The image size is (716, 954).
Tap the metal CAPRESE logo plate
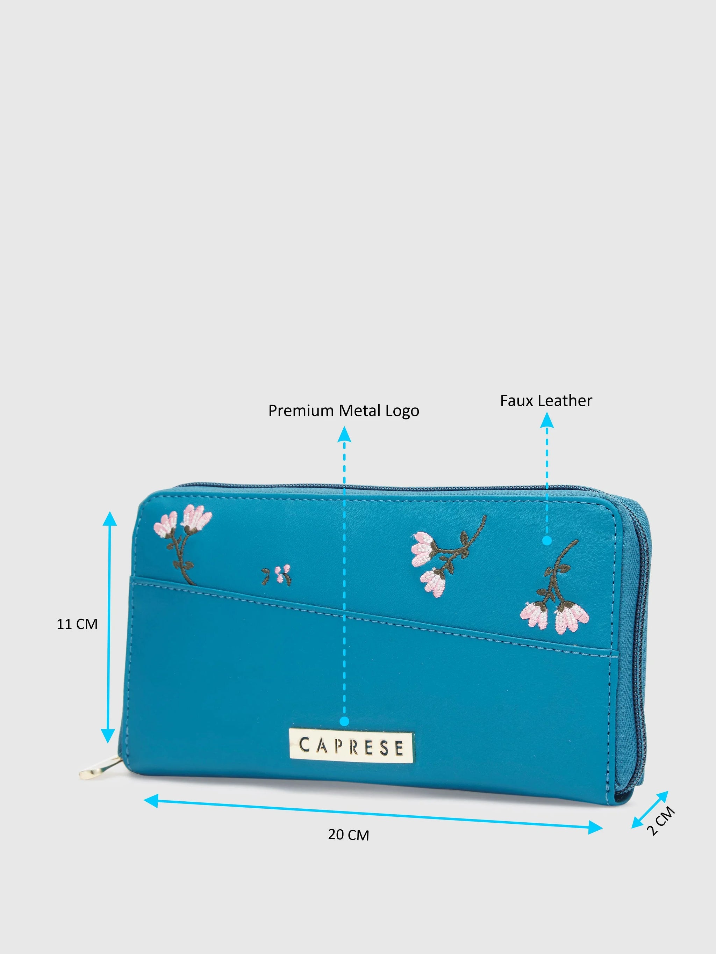pos(351,746)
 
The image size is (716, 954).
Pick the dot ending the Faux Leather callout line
pos(547,540)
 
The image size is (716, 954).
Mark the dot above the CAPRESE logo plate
pos(344,721)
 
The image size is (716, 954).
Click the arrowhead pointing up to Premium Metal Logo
pos(344,434)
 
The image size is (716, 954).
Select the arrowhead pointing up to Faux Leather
pos(547,420)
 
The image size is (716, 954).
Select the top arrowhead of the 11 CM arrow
pos(110,520)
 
